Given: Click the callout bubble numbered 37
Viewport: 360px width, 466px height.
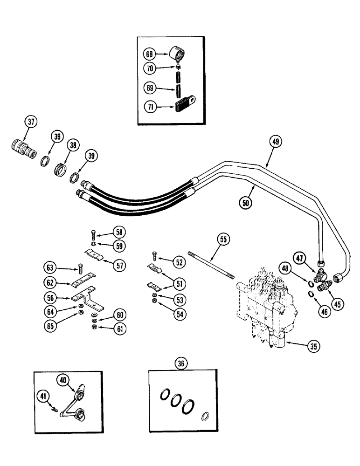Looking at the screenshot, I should [x=31, y=123].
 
